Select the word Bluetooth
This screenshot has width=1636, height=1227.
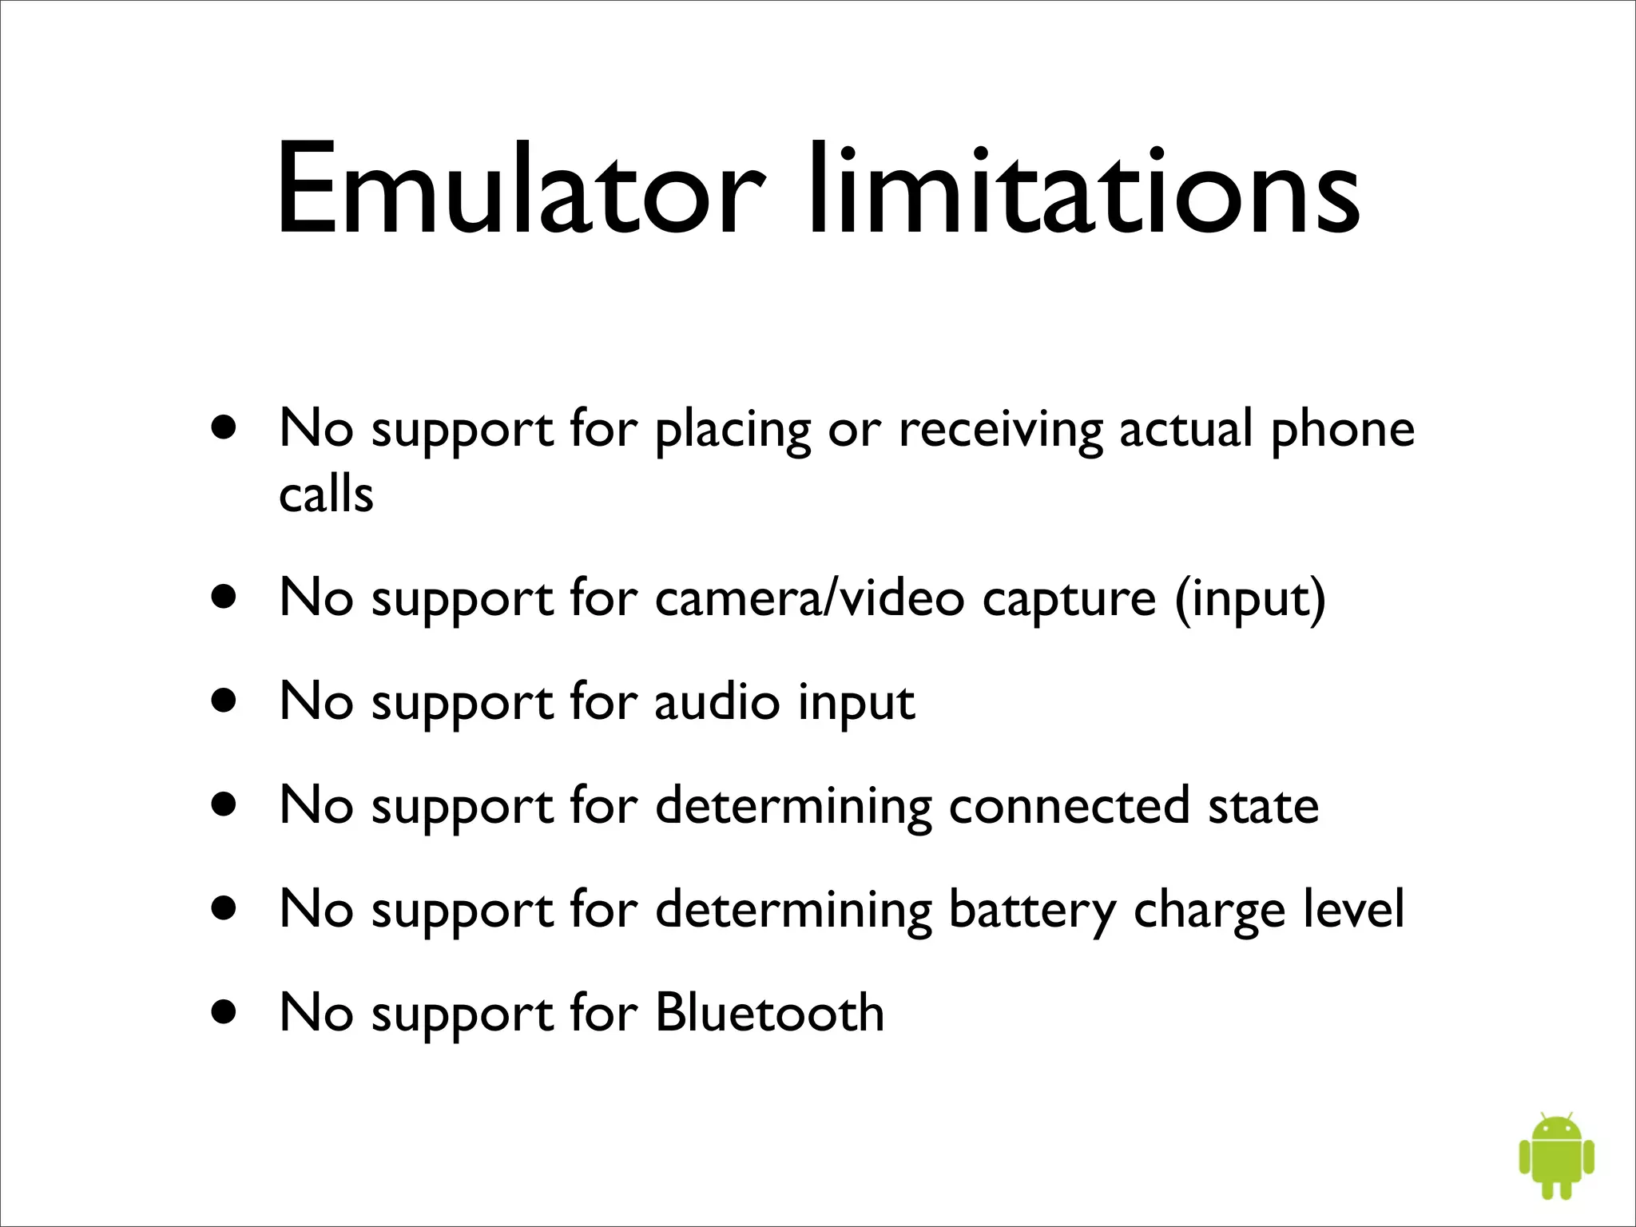(x=769, y=1013)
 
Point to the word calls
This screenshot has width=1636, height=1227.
(x=326, y=494)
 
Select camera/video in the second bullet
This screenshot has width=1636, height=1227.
(x=809, y=598)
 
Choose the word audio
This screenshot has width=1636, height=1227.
(x=717, y=701)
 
